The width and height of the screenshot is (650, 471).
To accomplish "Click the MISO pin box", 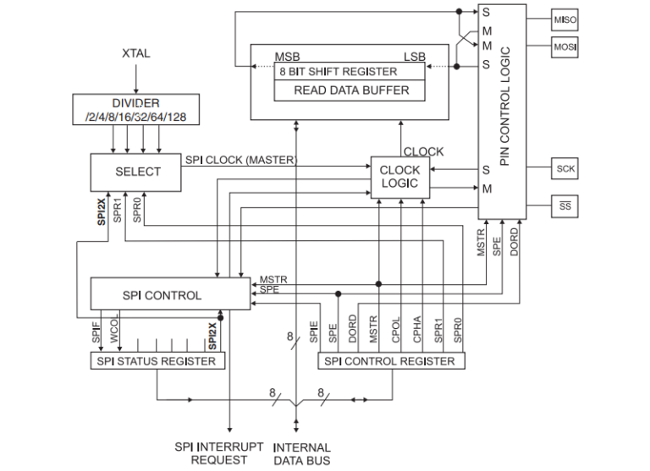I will pyautogui.click(x=565, y=19).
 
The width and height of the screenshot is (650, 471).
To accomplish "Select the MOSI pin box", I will pyautogui.click(x=565, y=47).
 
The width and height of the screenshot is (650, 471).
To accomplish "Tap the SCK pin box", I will pyautogui.click(x=565, y=168).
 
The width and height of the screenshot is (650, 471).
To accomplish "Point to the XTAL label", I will pyautogui.click(x=135, y=53).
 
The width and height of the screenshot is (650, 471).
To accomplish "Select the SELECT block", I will pyautogui.click(x=137, y=171).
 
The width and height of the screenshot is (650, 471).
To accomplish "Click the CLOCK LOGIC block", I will pyautogui.click(x=399, y=177).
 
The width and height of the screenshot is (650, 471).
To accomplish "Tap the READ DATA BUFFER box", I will pyautogui.click(x=351, y=90).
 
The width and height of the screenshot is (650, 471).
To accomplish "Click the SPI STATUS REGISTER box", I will pyautogui.click(x=158, y=361).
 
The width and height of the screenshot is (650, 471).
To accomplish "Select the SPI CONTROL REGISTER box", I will pyautogui.click(x=390, y=361).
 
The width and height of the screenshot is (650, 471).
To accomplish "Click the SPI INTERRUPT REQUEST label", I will pyautogui.click(x=219, y=453).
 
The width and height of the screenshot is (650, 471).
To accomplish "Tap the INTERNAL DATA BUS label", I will pyautogui.click(x=302, y=453).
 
